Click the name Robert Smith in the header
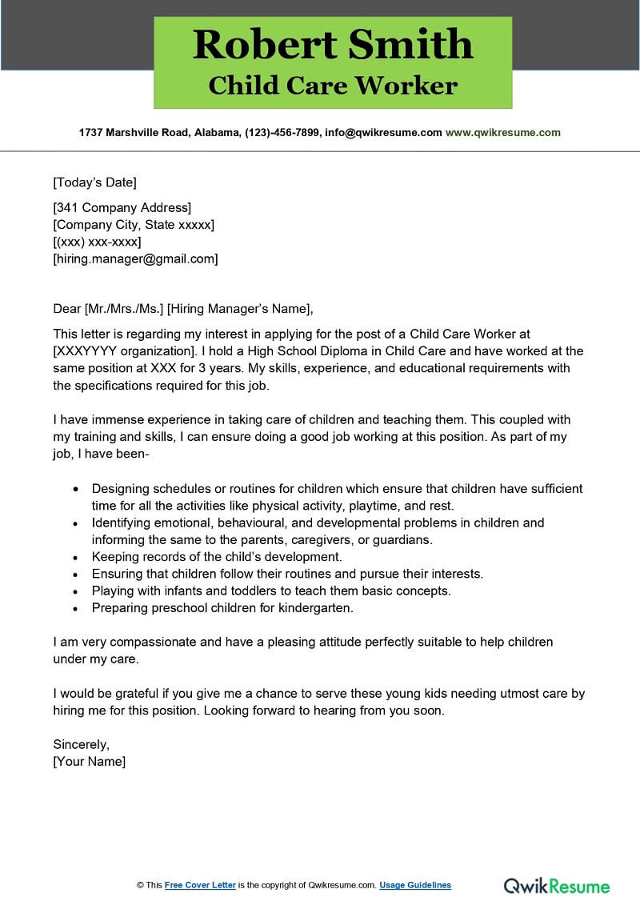[333, 44]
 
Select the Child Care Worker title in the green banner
[333, 86]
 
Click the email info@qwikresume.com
[383, 133]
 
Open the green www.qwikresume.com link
[502, 133]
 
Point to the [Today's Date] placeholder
[94, 182]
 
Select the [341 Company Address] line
[122, 208]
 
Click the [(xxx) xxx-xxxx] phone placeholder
[97, 242]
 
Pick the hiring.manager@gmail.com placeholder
[135, 258]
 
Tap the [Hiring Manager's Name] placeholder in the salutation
[239, 308]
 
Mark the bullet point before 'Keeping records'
[76, 557]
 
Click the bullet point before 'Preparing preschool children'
[76, 608]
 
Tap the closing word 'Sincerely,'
[81, 744]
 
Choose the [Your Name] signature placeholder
[89, 761]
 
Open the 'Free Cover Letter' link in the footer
[200, 885]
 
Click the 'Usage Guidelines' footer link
[415, 885]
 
